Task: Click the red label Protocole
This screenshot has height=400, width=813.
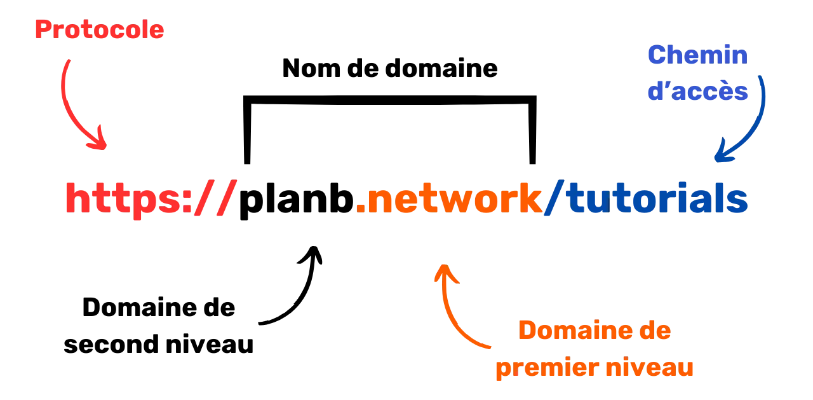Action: pos(100,29)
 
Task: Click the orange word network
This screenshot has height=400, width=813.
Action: pos(449,199)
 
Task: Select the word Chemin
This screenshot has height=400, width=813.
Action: pos(696,57)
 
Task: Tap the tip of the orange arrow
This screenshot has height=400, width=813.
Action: pos(445,265)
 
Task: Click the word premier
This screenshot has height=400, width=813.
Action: pos(537,368)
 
